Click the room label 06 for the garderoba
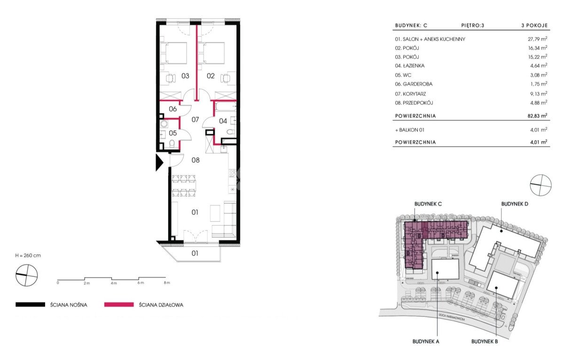(173, 109)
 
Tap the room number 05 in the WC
(173, 133)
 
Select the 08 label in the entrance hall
(196, 160)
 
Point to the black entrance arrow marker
(159, 163)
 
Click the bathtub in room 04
(226, 108)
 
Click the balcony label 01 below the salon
(195, 253)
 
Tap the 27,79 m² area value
(537, 39)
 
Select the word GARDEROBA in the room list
(418, 84)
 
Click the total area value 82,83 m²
(537, 116)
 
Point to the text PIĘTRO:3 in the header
(473, 25)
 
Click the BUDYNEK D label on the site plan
(515, 204)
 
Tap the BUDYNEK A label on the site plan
(426, 342)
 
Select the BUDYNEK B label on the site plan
(485, 342)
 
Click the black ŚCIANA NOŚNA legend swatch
(30, 305)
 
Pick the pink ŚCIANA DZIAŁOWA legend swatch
(119, 305)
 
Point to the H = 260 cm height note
(28, 256)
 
